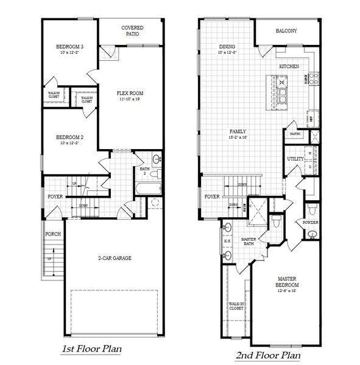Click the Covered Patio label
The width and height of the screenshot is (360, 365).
(x=132, y=31)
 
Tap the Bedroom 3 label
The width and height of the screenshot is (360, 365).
(x=70, y=47)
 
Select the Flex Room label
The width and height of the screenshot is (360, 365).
(x=130, y=93)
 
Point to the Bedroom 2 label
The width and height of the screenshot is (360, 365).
(x=70, y=137)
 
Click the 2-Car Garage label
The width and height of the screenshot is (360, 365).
(x=115, y=257)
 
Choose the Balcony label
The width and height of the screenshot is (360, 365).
(x=286, y=31)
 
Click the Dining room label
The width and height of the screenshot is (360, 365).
(x=227, y=47)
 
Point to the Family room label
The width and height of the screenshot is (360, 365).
(x=237, y=131)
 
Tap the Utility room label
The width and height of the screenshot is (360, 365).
(x=295, y=159)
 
